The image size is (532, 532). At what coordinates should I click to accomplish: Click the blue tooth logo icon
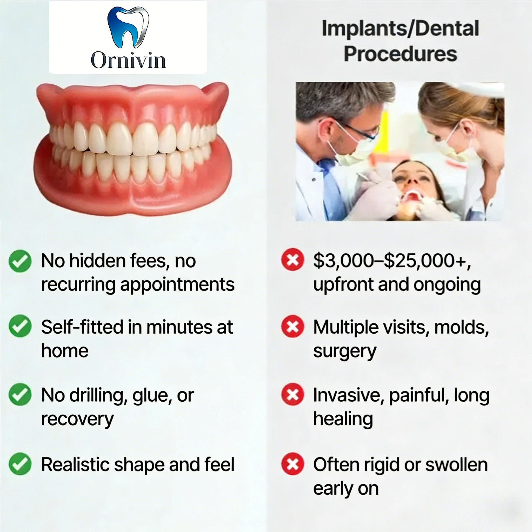(x=128, y=27)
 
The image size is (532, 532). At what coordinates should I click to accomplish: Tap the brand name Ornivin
(x=128, y=60)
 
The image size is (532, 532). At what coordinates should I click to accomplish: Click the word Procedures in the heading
(x=400, y=54)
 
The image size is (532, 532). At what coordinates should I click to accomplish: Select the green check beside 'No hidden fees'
(x=20, y=261)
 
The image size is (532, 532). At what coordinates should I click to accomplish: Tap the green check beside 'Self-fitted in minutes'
(x=20, y=326)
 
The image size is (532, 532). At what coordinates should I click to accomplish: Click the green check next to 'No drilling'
(x=20, y=394)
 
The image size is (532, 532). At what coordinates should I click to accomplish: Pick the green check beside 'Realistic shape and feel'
(x=20, y=464)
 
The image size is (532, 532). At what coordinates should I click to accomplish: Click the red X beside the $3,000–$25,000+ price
(x=292, y=260)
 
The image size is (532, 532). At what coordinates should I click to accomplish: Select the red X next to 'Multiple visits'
(x=292, y=327)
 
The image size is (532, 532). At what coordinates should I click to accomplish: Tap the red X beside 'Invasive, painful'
(x=292, y=394)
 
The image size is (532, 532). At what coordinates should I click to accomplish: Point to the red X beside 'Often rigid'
(x=292, y=464)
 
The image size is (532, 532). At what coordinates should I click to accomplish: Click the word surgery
(x=344, y=351)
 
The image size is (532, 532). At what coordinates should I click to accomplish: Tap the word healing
(x=343, y=419)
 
